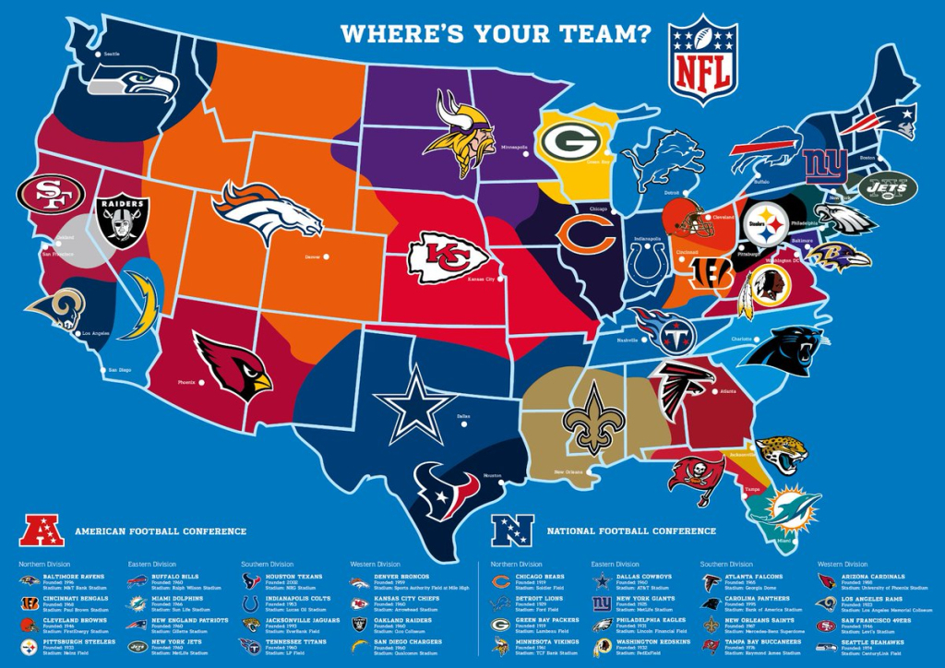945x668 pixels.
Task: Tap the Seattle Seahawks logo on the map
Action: (132, 85)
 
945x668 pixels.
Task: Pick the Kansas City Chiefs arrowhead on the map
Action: (448, 256)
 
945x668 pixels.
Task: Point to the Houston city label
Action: (491, 476)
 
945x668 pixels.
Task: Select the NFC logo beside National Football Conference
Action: (512, 530)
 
